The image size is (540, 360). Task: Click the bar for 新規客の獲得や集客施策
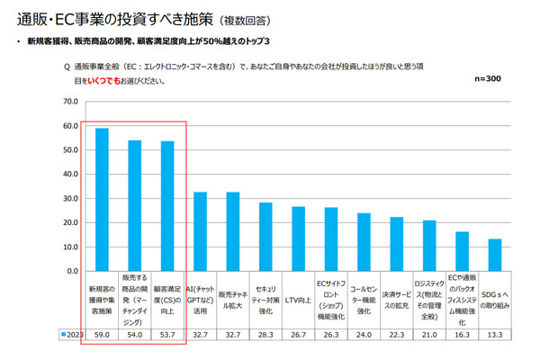[103, 198]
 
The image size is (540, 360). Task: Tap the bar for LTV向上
[298, 238]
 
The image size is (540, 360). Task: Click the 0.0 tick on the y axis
[72, 269]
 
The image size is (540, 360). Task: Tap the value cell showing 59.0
[103, 334]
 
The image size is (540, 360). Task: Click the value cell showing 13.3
[494, 334]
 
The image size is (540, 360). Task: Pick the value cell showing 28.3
[265, 334]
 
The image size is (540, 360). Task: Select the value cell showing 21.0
[429, 334]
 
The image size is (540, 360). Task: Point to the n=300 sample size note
[486, 79]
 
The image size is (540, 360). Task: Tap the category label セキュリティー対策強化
[265, 300]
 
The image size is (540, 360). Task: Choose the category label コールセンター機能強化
[364, 300]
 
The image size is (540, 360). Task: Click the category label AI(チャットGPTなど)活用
[200, 300]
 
